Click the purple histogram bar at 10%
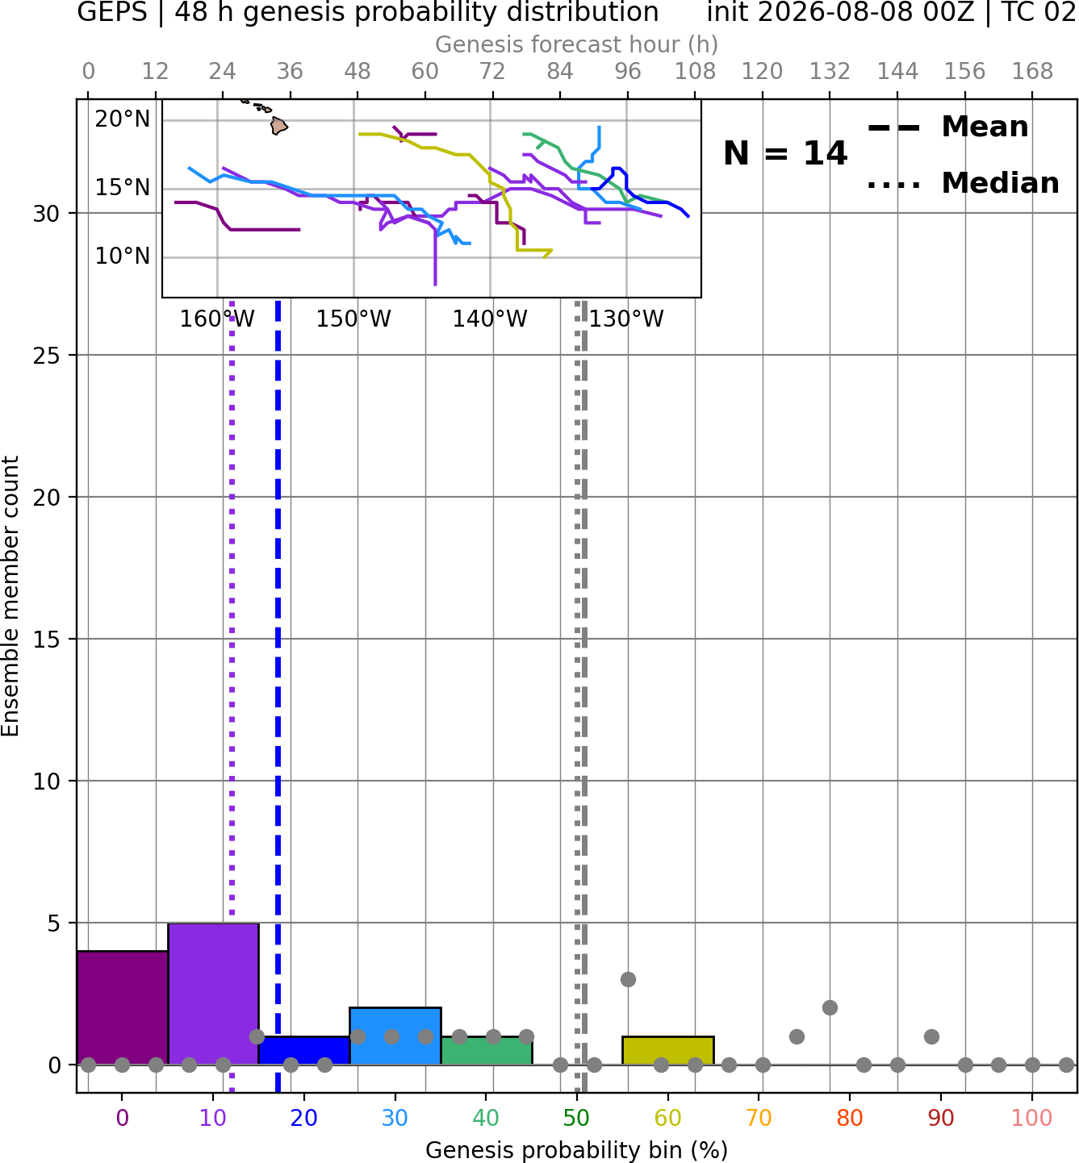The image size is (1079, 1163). (x=213, y=994)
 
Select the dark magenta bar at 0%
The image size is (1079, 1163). (x=123, y=1008)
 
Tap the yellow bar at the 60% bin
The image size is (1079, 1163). (x=667, y=1051)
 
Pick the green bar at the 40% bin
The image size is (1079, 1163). (x=487, y=1051)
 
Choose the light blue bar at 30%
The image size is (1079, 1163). (x=395, y=1036)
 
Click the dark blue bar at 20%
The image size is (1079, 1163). (x=304, y=1051)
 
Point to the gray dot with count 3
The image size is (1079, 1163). (x=628, y=979)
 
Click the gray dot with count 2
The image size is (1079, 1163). (x=830, y=1008)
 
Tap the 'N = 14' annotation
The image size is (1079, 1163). (x=785, y=153)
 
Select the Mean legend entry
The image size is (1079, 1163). (x=947, y=127)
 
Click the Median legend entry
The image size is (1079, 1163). (x=963, y=183)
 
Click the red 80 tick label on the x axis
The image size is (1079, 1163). (x=850, y=1118)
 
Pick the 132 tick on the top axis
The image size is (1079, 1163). (x=830, y=72)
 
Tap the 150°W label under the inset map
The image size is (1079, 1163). (x=353, y=319)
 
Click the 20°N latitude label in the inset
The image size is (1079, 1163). (x=123, y=119)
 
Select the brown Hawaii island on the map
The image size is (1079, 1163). (x=279, y=125)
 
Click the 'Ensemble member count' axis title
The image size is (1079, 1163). (x=10, y=597)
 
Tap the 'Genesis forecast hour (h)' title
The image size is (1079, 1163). (x=577, y=44)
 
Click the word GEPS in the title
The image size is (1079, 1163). (x=112, y=12)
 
